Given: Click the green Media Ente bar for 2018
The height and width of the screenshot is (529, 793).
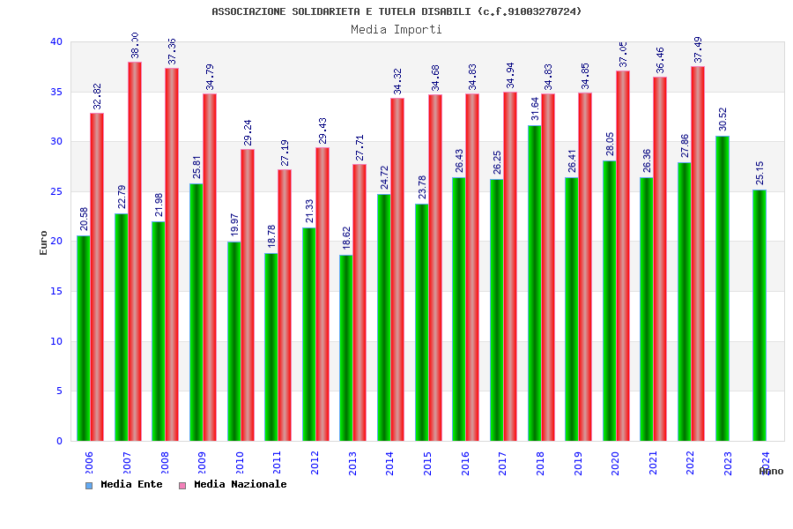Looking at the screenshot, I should [x=535, y=283].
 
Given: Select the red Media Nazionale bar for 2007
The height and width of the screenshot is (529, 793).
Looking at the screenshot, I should [x=135, y=251].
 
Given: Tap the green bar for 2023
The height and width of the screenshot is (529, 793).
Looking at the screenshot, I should [x=723, y=288].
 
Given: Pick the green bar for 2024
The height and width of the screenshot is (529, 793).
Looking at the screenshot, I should [x=760, y=315].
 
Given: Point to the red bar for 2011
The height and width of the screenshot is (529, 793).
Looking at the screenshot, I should [x=285, y=305].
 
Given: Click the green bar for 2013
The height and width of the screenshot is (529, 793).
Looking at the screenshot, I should [x=346, y=347].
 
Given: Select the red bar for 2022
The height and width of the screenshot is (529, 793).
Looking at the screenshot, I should [x=698, y=253].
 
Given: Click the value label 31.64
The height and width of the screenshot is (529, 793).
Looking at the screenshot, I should [x=535, y=108].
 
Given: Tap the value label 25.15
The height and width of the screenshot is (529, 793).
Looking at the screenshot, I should [x=760, y=173].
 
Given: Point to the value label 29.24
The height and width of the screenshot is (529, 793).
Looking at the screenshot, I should [x=248, y=132].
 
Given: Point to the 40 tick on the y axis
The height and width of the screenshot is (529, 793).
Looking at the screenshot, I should [x=56, y=42].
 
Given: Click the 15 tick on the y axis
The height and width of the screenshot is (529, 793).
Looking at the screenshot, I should [x=56, y=292].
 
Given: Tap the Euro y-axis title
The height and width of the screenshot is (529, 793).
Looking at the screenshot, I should [x=44, y=242].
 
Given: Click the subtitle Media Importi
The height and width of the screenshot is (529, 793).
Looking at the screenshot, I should [x=396, y=30].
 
